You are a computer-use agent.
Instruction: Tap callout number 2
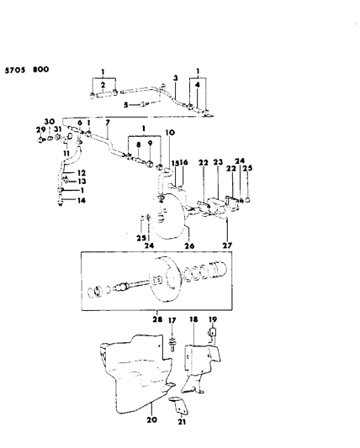(x=103, y=86)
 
